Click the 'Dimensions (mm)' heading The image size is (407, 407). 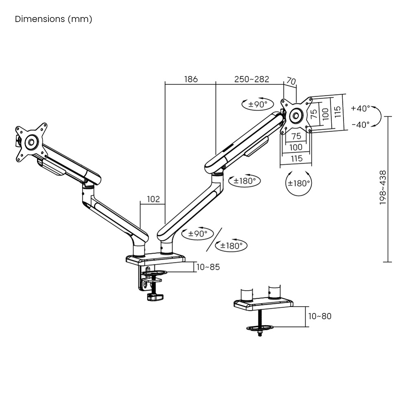[53, 19]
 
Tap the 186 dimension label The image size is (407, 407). [191, 79]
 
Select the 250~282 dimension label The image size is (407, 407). [252, 79]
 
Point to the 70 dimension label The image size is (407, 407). [291, 81]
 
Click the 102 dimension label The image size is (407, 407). [153, 199]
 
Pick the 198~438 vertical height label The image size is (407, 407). [383, 187]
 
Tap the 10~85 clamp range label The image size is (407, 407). [208, 267]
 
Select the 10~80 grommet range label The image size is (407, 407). [320, 316]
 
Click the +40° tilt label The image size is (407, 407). [360, 109]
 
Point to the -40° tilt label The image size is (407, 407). [361, 125]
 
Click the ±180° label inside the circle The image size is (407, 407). [299, 184]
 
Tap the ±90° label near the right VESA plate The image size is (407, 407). [258, 104]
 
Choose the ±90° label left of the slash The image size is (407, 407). [197, 234]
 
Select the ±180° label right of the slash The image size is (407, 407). [231, 245]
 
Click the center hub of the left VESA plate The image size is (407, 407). [31, 142]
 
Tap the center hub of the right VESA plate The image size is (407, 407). [296, 116]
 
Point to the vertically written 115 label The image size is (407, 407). [337, 112]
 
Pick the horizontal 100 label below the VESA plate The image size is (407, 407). [296, 147]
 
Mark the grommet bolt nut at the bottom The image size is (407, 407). [260, 333]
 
